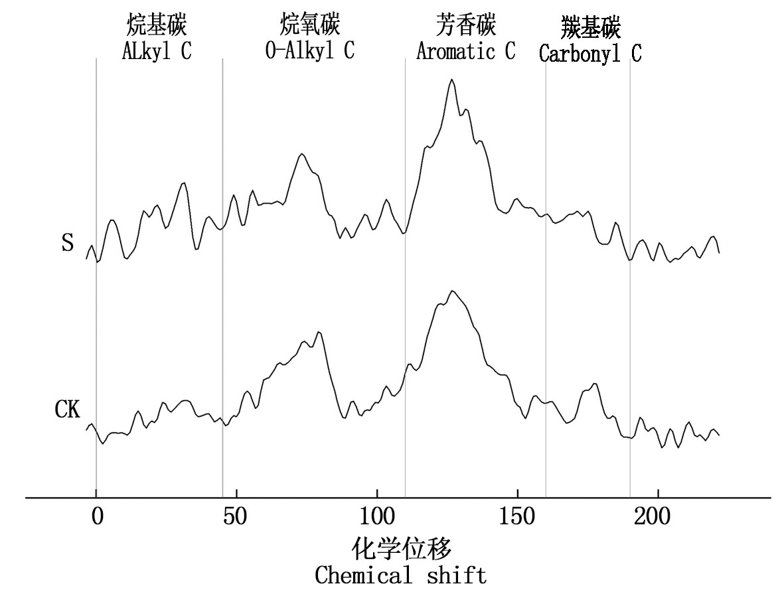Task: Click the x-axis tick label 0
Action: pos(97,518)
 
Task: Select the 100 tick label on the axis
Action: pos(377,518)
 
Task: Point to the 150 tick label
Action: pos(517,518)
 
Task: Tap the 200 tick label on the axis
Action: pos(657,518)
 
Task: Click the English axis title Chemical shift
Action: pos(400,574)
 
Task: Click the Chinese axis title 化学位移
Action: pos(401,550)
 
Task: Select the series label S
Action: pos(67,243)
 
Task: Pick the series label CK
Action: pos(67,410)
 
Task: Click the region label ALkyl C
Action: pos(157,52)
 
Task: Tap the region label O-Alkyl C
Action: pos(309,51)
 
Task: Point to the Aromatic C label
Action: pos(465,51)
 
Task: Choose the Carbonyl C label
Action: pos(589,53)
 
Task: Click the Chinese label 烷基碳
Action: pos(157,27)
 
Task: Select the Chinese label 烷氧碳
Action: pos(310,27)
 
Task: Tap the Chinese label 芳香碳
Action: pos(465,27)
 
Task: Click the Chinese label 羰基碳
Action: pos(590,28)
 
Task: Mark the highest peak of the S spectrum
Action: pos(451,80)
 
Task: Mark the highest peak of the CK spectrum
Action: pos(452,291)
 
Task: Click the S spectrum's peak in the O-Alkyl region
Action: pos(302,154)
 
